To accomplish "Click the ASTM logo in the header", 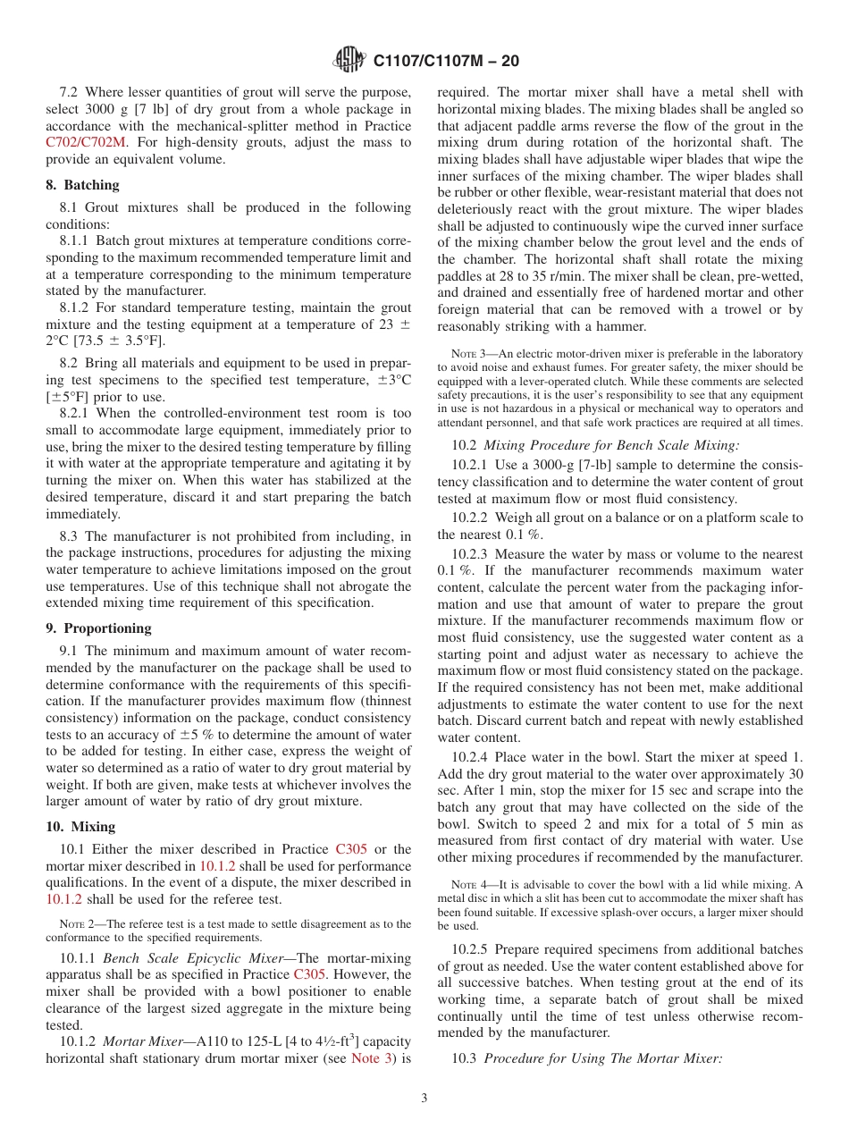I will (349, 61).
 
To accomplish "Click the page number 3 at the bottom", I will (424, 1098).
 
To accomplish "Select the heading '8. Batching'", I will (82, 185).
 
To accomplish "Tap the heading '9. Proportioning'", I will (98, 627).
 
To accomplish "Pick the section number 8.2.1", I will (77, 413).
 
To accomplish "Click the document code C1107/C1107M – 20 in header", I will (446, 61).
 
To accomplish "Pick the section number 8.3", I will (69, 536).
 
